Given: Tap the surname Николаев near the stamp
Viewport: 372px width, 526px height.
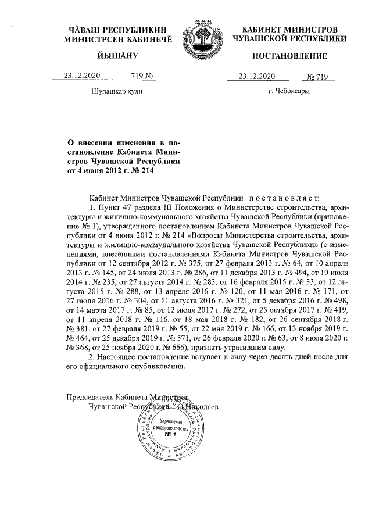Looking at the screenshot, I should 202,406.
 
